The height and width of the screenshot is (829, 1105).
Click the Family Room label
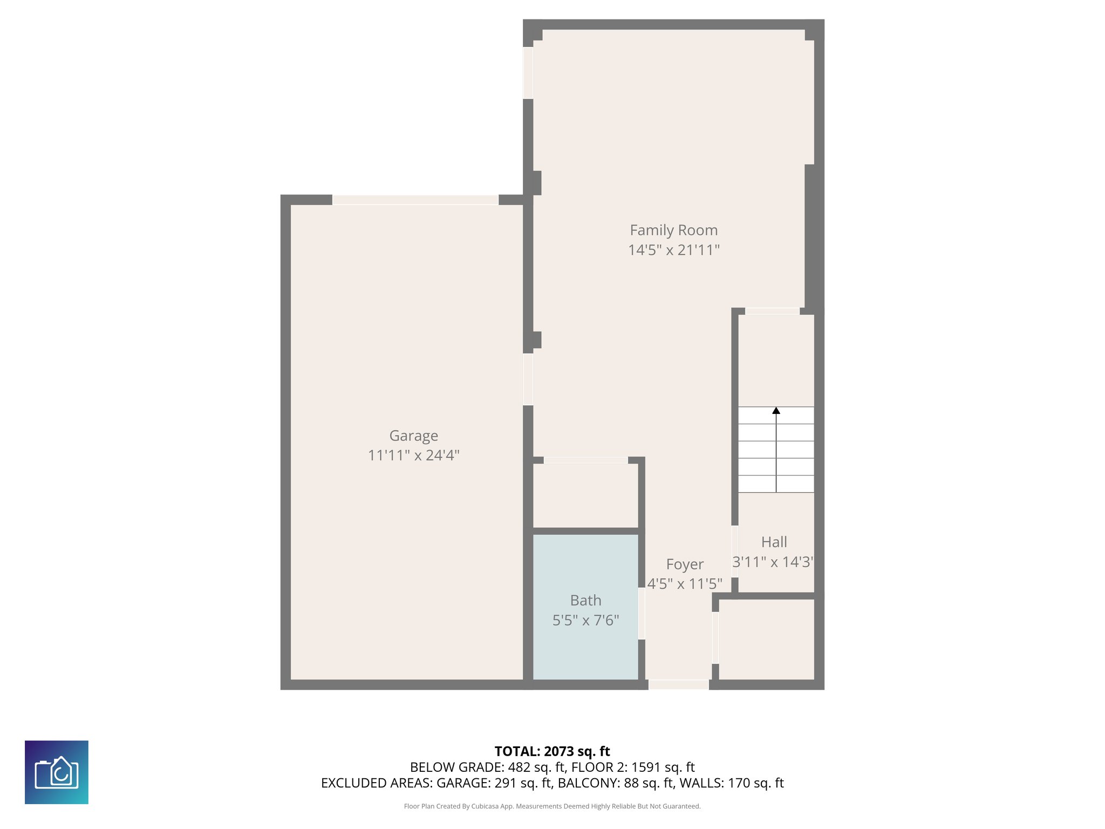coord(673,230)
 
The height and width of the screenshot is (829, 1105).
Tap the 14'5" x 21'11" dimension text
coord(673,250)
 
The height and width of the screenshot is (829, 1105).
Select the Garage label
coord(413,436)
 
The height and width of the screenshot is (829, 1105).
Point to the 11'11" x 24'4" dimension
coord(413,456)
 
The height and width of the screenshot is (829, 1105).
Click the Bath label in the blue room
coord(585,600)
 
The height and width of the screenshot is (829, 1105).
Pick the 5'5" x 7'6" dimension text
coord(585,620)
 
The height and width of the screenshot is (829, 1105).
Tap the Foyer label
coord(685,564)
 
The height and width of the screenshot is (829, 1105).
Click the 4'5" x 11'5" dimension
coord(685,584)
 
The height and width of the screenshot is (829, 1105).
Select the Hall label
coord(774,542)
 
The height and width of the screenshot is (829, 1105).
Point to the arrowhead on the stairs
coord(776,411)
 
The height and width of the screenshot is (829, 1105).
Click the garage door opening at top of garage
coord(415,200)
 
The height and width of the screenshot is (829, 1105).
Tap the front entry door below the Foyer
coord(678,684)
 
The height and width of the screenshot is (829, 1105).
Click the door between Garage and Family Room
coord(528,379)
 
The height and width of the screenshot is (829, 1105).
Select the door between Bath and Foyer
coord(642,614)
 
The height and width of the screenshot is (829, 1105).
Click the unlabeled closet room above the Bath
coord(585,495)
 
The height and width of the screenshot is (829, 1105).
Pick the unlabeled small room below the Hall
coord(766,639)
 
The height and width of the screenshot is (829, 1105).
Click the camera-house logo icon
coord(57,772)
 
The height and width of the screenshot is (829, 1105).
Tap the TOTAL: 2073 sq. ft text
coord(552,751)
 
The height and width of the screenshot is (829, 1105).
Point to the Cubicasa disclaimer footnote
coord(552,806)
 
